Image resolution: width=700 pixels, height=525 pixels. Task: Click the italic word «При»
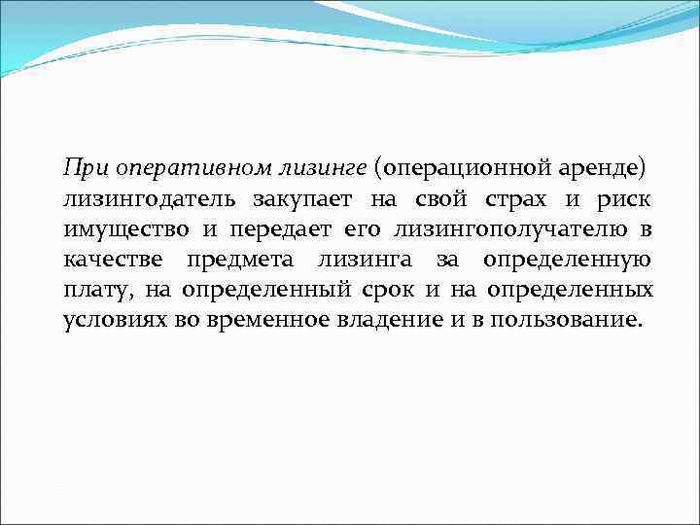[x=85, y=167]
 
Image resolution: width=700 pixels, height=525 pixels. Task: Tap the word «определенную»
[x=569, y=260]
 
